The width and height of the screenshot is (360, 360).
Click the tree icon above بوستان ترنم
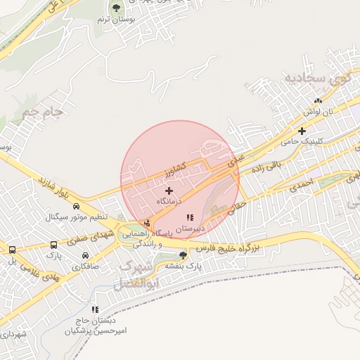coord(116,8)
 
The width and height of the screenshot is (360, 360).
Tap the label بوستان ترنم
coord(114,20)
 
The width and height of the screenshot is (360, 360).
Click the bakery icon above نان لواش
coord(317,101)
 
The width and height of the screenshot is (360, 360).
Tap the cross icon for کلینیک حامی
coord(302,130)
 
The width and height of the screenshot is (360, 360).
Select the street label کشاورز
coord(172,169)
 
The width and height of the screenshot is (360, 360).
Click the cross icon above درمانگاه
coord(169,191)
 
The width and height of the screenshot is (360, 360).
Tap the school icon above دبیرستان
coord(189,217)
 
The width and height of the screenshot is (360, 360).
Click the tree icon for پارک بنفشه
coord(184,255)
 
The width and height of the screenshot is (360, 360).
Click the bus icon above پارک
coord(54,245)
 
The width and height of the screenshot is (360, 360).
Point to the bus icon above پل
coord(11,250)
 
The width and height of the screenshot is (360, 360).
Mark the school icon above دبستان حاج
coord(95,309)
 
